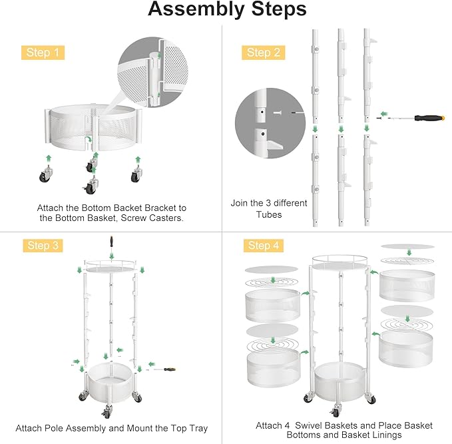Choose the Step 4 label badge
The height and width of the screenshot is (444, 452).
point(259,246)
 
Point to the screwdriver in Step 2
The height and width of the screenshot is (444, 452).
point(406,117)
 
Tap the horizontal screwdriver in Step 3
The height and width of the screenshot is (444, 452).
point(164,368)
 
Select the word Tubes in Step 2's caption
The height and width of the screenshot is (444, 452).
point(269,214)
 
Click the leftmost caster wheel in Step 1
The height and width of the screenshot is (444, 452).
point(49,177)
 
